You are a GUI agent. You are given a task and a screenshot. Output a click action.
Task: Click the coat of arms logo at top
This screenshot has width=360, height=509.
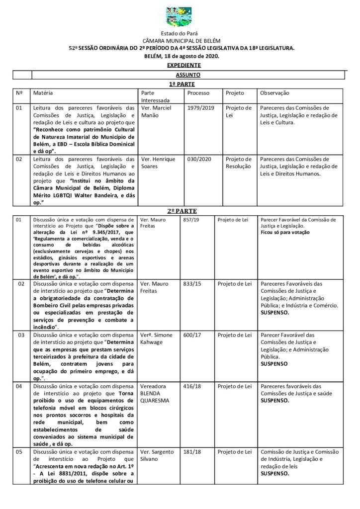tap(180, 17)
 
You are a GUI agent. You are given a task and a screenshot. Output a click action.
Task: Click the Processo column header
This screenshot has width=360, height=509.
tap(198, 93)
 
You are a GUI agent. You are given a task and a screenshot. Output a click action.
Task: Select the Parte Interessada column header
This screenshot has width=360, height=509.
tap(155, 96)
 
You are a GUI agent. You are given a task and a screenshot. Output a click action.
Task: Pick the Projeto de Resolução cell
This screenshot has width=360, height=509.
tap(239, 163)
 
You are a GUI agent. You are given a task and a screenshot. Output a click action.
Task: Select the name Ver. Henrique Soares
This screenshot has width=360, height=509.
tap(156, 163)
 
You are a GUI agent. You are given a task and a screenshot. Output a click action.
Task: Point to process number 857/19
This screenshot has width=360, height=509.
tap(192, 219)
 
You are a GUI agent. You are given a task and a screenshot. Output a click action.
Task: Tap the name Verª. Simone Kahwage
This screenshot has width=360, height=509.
tap(157, 339)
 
